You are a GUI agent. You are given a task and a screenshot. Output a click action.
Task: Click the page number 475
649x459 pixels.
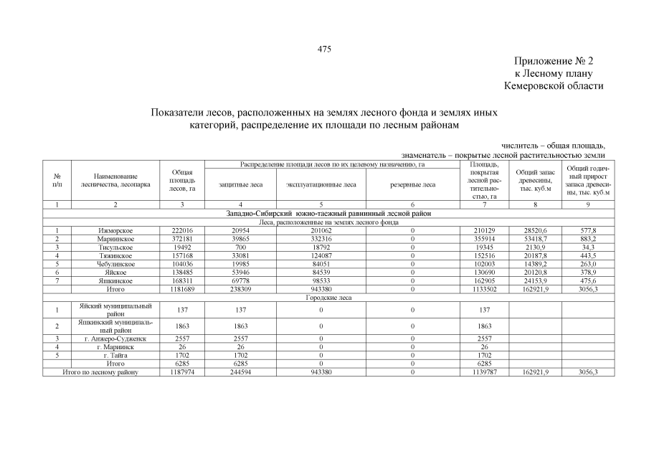pos(324,49)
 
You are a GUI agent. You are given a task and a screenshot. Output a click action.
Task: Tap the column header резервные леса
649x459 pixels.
pos(412,184)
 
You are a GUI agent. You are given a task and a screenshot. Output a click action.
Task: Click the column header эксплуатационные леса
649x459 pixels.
pos(321,184)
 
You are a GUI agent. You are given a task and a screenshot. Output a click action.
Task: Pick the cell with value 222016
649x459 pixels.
pos(182,230)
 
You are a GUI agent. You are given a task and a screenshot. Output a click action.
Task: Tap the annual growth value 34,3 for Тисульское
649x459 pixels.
pos(587,246)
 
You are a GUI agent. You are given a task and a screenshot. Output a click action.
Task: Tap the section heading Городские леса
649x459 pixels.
pos(327,296)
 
